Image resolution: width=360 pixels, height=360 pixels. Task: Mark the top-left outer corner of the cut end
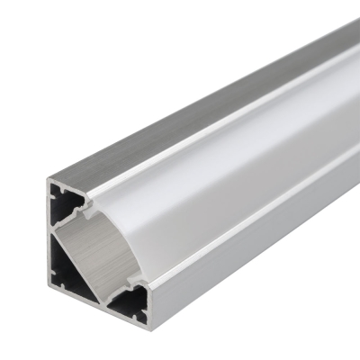[48, 177]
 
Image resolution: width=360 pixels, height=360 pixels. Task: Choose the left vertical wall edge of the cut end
[50, 243]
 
